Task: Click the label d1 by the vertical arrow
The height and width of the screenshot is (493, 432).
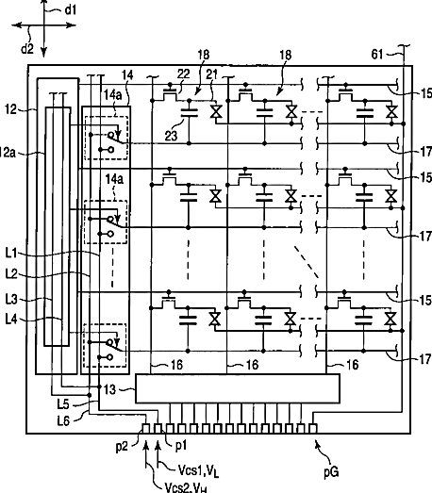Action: pyautogui.click(x=71, y=10)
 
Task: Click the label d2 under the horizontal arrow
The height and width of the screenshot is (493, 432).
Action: pyautogui.click(x=27, y=49)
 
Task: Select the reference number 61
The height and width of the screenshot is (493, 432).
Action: pyautogui.click(x=377, y=55)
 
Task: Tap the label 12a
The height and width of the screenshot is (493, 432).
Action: pyautogui.click(x=7, y=153)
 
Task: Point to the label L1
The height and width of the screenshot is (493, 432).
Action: pyautogui.click(x=11, y=254)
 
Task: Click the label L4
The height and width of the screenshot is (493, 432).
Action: pyautogui.click(x=11, y=320)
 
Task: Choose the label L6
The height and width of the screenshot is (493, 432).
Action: pyautogui.click(x=63, y=420)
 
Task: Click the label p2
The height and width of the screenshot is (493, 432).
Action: pyautogui.click(x=122, y=446)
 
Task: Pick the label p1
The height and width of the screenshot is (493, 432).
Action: pyautogui.click(x=181, y=446)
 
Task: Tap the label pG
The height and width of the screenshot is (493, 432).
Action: pyautogui.click(x=331, y=472)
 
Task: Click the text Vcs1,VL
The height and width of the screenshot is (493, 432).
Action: pyautogui.click(x=198, y=470)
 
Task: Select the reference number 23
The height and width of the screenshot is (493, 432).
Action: pyautogui.click(x=171, y=136)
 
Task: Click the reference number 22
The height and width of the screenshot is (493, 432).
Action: pyautogui.click(x=183, y=74)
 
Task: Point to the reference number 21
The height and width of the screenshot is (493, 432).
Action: pyautogui.click(x=211, y=74)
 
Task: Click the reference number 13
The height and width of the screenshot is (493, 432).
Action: pyautogui.click(x=109, y=389)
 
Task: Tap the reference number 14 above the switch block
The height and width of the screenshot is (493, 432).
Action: pyautogui.click(x=127, y=75)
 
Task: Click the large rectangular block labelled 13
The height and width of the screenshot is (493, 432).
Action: pyautogui.click(x=238, y=388)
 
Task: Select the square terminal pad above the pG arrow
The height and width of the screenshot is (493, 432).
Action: pyautogui.click(x=313, y=428)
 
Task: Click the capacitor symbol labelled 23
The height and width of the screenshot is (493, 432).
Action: pyautogui.click(x=190, y=113)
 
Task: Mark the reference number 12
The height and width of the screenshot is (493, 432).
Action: pyautogui.click(x=10, y=109)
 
